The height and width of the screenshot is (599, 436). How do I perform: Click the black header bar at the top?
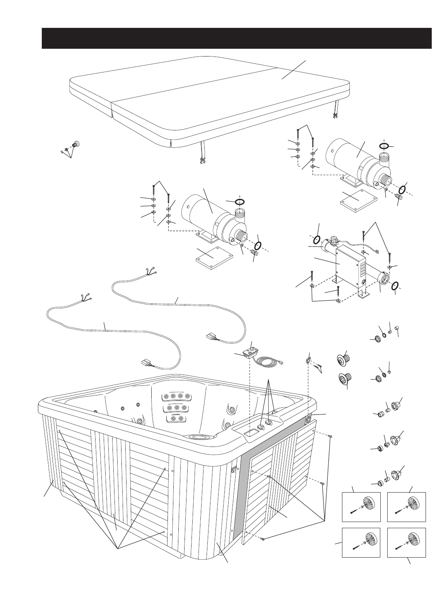pyautogui.click(x=236, y=38)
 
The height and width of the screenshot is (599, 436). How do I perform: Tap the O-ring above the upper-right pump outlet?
pyautogui.click(x=384, y=146)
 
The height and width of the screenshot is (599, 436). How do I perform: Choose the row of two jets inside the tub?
pyautogui.click(x=176, y=419)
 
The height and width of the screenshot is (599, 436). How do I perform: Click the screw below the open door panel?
pyautogui.click(x=263, y=539)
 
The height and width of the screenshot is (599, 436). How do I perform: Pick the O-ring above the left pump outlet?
pyautogui.click(x=240, y=201)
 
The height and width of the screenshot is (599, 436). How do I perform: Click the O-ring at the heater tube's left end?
pyautogui.click(x=316, y=240)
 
